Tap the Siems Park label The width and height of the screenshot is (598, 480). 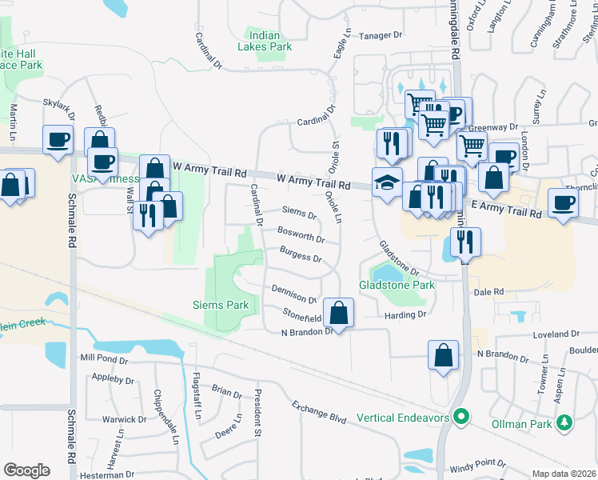221,305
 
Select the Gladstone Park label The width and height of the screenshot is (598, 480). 397,285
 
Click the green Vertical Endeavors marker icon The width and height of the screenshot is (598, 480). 460,417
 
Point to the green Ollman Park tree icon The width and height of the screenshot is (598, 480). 565,421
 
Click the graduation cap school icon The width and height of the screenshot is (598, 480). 387,182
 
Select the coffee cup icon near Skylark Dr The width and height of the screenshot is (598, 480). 58,140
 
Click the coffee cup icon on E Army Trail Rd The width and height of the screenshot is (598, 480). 562,202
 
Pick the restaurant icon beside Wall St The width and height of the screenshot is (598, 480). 147,214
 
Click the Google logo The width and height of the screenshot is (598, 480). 26,470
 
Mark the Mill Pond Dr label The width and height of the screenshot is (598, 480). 103,359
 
